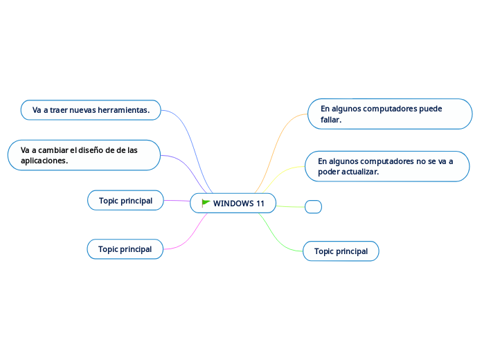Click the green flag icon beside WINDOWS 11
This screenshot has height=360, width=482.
pos(206,203)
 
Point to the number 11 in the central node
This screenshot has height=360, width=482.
pos(260,204)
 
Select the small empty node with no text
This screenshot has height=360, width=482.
pos(313,206)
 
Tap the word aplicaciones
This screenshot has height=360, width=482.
pos(44,161)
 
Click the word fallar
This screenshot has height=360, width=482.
pos(331,120)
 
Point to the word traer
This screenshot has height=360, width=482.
pos(61,110)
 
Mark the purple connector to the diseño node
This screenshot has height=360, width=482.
pos(186,166)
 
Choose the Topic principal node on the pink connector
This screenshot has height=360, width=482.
pos(125,249)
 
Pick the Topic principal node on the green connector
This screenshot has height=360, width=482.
pos(341,251)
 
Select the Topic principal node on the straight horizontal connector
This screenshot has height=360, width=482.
pos(125,201)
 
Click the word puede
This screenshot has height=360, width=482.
pos(431,109)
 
